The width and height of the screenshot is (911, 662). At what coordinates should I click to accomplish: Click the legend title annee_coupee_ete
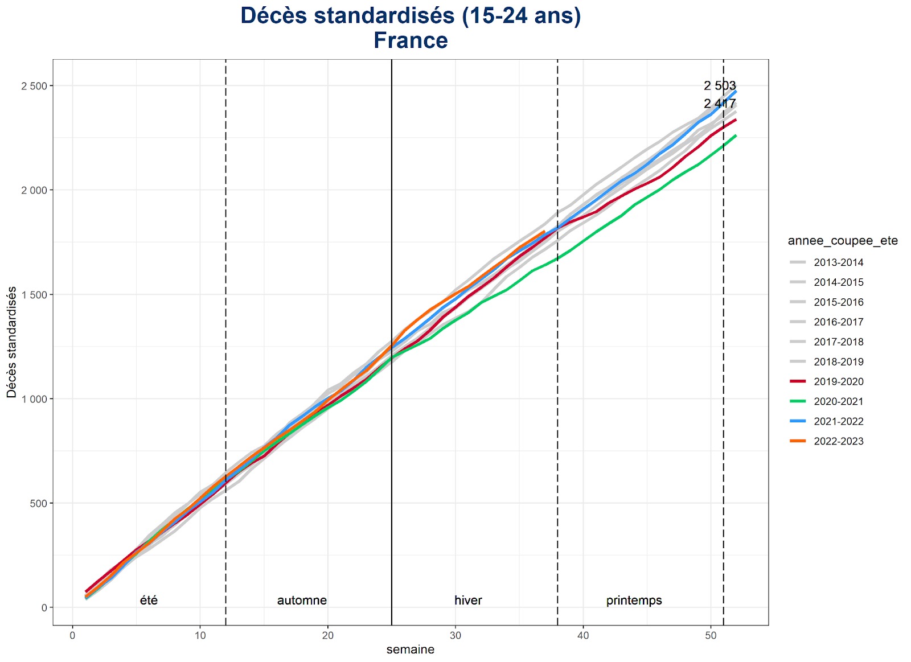843,241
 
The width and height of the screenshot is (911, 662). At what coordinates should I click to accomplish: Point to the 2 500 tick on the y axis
34,86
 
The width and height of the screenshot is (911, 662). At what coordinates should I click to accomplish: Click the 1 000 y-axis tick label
34,399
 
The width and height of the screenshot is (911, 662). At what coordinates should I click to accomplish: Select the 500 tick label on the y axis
38,503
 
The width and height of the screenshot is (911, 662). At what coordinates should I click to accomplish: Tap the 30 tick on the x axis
455,635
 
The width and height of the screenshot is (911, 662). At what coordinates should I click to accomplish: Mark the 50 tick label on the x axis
711,635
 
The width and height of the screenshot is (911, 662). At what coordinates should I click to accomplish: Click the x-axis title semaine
410,649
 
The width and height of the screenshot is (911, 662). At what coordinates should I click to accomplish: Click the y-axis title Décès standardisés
11,342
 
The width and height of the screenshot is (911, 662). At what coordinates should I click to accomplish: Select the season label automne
302,601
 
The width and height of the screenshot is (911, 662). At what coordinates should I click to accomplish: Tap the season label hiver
468,601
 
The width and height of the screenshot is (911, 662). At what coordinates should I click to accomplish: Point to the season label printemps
634,601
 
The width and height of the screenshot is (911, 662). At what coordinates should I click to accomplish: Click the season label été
149,601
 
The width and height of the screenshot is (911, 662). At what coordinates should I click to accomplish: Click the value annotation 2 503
720,86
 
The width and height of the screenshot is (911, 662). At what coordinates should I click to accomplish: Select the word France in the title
411,40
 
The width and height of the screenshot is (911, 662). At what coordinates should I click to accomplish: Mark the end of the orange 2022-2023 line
544,232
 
